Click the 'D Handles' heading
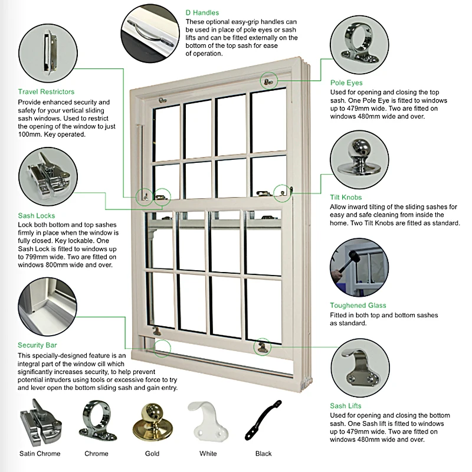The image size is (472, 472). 202,12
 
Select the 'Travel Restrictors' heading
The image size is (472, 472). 46,92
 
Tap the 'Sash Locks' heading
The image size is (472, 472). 36,216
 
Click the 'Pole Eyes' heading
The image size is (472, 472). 346,83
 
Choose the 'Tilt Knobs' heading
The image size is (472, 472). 346,197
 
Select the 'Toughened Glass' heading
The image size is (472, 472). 358,306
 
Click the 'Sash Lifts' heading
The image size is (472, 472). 346,406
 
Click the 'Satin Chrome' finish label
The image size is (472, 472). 40,454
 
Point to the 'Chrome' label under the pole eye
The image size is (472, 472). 96,454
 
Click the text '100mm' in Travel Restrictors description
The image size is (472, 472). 30,135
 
